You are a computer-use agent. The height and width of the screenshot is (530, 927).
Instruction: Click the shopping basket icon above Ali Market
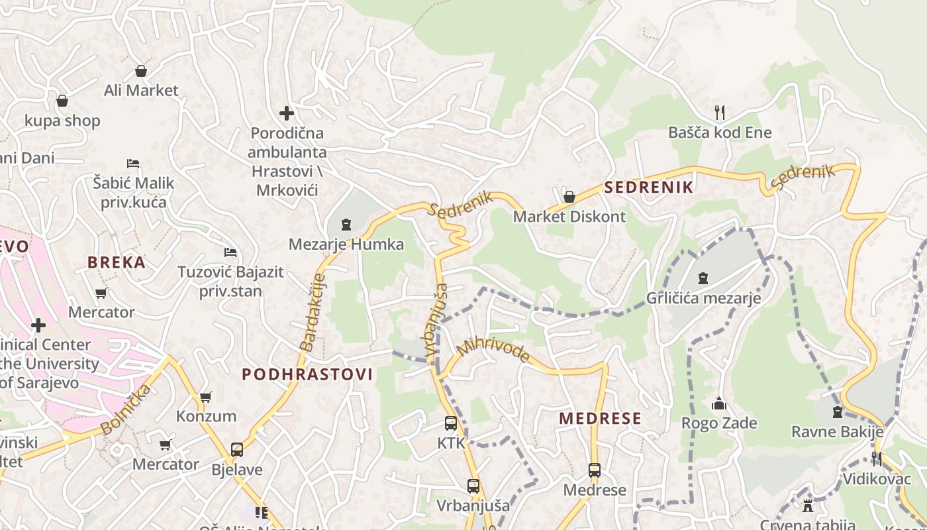[x=141, y=70]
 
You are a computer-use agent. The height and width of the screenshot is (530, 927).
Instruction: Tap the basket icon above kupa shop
[x=62, y=101]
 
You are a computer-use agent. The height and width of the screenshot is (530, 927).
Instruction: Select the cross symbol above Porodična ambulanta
[x=286, y=113]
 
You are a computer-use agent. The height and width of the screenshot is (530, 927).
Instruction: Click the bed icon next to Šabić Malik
[x=133, y=163]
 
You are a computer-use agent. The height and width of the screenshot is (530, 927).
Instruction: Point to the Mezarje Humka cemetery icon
[x=346, y=225]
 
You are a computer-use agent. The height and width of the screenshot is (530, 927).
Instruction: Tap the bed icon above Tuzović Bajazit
[x=230, y=252]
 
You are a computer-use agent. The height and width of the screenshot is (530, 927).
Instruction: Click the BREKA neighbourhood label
[x=117, y=262]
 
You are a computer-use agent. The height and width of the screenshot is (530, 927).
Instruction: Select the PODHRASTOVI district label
[x=307, y=374]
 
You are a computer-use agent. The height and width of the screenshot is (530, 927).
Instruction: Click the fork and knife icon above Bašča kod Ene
[x=720, y=112]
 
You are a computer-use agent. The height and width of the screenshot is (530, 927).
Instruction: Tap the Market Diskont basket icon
[x=569, y=197]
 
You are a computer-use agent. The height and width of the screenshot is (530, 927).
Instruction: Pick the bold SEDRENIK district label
[x=649, y=187]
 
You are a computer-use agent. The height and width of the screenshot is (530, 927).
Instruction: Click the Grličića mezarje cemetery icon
[x=703, y=278]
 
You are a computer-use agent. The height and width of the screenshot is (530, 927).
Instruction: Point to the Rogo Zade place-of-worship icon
[x=719, y=403]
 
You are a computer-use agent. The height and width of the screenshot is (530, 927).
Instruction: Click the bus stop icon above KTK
[x=451, y=423]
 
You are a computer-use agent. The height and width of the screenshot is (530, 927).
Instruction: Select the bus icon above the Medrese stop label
[x=595, y=470]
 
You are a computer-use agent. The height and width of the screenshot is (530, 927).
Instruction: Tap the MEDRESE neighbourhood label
[x=600, y=419]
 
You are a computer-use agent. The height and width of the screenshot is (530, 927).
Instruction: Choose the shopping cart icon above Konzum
[x=206, y=397]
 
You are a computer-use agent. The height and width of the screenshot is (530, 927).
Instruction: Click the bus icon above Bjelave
[x=237, y=450]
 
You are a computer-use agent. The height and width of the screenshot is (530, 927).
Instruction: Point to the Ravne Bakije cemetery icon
[x=838, y=412]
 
